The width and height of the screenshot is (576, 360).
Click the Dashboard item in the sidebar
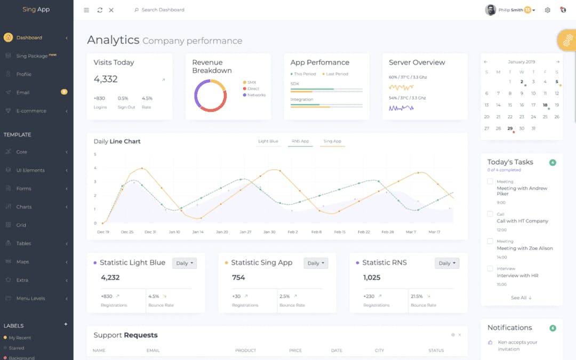pyautogui.click(x=29, y=38)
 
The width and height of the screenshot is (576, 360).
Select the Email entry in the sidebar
pyautogui.click(x=23, y=92)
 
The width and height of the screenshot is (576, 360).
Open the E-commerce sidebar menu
pyautogui.click(x=31, y=111)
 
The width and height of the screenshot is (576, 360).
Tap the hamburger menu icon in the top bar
pyautogui.click(x=86, y=10)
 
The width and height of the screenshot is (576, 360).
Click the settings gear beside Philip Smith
pyautogui.click(x=547, y=10)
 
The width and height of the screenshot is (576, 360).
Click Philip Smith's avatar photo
pyautogui.click(x=490, y=10)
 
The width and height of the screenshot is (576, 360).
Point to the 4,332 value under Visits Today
pyautogui.click(x=106, y=79)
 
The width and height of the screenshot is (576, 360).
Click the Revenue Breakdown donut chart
pyautogui.click(x=211, y=95)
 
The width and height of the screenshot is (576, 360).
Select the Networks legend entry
pyautogui.click(x=256, y=95)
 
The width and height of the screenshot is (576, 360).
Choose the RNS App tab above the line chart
pyautogui.click(x=300, y=141)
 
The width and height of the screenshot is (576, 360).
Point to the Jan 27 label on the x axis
pyautogui.click(x=245, y=232)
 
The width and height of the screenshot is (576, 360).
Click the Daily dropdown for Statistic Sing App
pyautogui.click(x=316, y=263)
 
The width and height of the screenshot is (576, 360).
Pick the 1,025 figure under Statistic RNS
pyautogui.click(x=372, y=277)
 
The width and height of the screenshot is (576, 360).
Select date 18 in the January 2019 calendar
pyautogui.click(x=545, y=105)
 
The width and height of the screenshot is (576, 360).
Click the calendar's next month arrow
pyautogui.click(x=558, y=62)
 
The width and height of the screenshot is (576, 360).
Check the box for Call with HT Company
pyautogui.click(x=490, y=214)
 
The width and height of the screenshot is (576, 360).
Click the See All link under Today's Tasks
pyautogui.click(x=521, y=298)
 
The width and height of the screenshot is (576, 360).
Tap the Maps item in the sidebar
pyautogui.click(x=22, y=262)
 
